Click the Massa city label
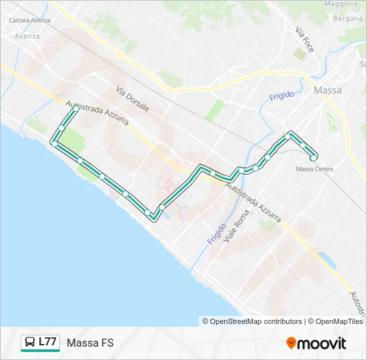[x=327, y=90]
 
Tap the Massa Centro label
[x=314, y=169]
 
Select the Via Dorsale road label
[x=132, y=99]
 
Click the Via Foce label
[x=304, y=41]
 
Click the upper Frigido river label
[x=282, y=96]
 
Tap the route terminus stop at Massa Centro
[x=314, y=158]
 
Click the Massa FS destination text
[x=90, y=343]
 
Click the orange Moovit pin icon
[x=291, y=343]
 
